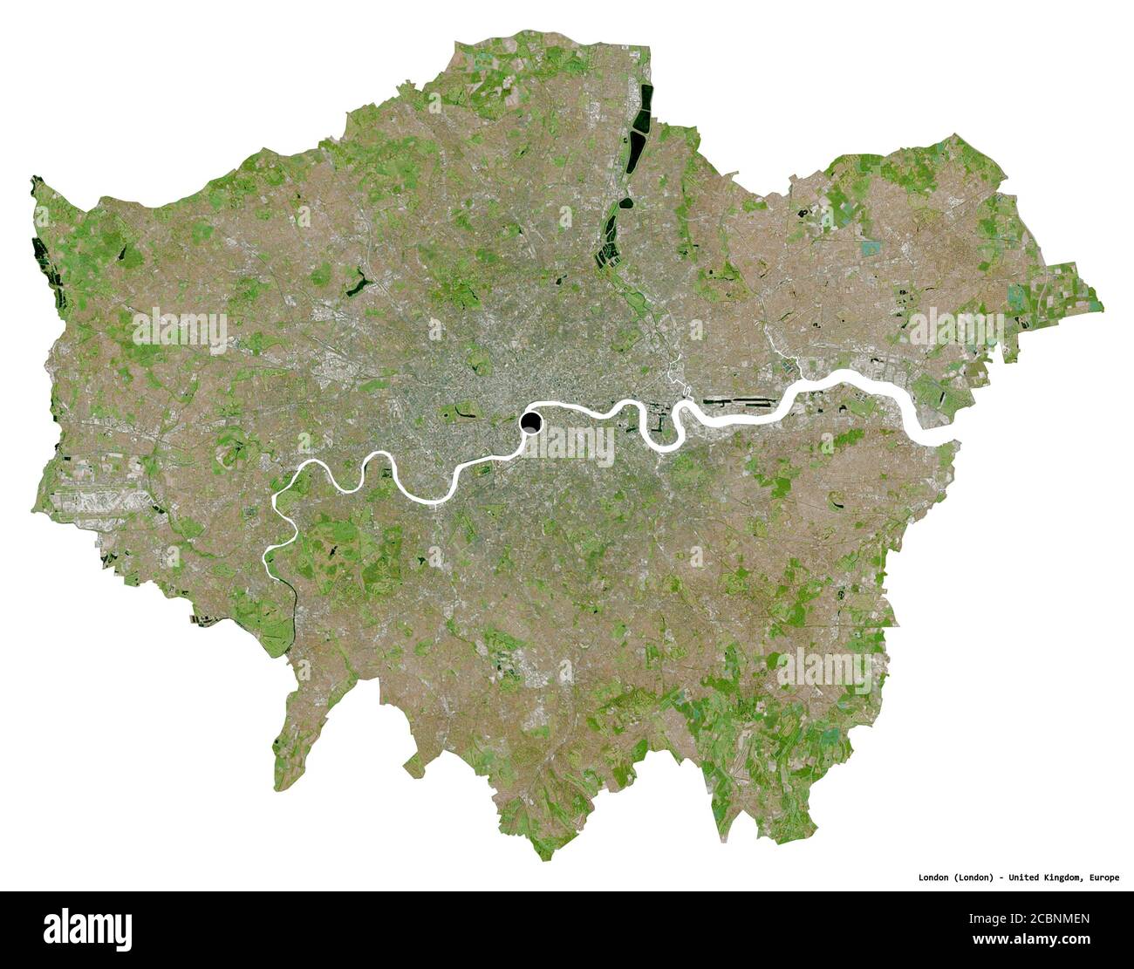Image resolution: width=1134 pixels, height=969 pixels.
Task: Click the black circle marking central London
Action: [x=530, y=424]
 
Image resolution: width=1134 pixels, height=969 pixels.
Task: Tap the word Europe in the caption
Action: [x=1102, y=877]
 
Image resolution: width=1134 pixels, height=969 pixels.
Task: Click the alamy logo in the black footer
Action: [x=87, y=929]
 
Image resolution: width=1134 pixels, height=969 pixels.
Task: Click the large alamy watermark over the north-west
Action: [x=180, y=328]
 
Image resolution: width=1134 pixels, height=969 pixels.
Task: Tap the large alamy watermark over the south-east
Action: [x=824, y=668]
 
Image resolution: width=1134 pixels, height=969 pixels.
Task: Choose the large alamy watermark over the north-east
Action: [x=956, y=328]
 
